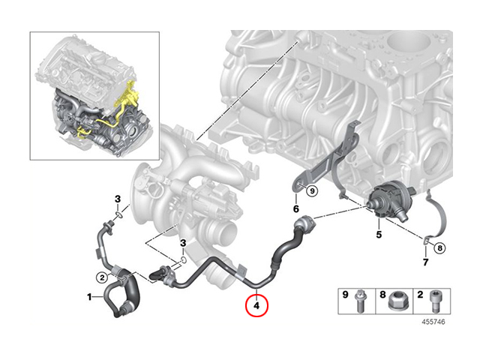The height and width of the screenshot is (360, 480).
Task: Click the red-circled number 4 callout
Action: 256,305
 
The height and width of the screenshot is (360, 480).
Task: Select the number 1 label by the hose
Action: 89,297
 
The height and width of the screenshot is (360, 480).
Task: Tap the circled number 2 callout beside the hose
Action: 102,278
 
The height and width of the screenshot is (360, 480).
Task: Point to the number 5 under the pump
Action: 379,235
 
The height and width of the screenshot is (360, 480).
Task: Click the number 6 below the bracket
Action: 296,208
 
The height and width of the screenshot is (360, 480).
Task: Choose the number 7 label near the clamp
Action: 425,262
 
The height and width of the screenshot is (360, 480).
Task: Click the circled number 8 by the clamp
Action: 440,247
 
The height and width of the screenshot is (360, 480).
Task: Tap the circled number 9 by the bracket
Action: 312,191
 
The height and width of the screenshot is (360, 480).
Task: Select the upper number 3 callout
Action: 118,199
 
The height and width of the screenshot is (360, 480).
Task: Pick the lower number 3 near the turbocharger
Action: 183,243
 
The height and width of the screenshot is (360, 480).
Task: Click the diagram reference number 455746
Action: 433,322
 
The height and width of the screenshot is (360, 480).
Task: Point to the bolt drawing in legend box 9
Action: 360,301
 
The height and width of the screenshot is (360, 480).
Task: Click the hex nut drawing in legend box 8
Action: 397,301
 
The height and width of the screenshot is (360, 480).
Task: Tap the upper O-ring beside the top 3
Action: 119,215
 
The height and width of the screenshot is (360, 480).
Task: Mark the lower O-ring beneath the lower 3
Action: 183,260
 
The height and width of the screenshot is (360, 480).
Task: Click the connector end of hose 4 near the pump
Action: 304,223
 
